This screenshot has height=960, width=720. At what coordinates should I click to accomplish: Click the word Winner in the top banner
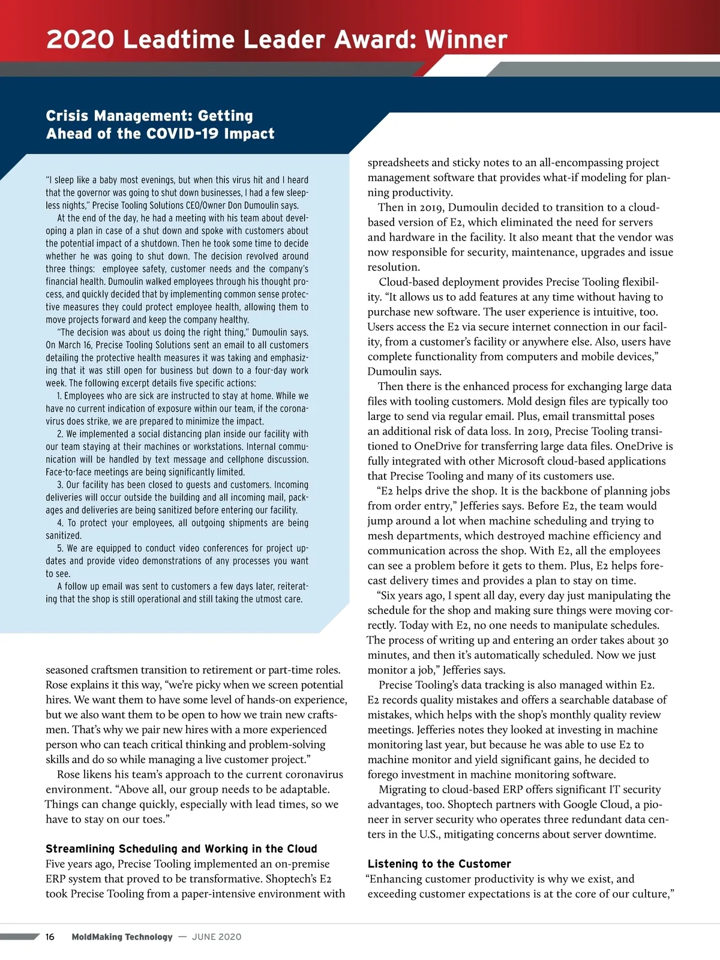click(466, 40)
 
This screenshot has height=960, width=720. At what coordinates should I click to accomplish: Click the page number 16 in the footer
click(50, 937)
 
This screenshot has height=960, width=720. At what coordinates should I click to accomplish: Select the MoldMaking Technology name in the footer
click(122, 937)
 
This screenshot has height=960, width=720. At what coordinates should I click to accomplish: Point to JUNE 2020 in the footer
click(217, 937)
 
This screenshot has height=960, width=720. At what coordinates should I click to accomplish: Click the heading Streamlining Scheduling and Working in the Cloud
click(181, 848)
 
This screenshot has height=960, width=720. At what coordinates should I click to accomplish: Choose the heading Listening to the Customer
click(439, 863)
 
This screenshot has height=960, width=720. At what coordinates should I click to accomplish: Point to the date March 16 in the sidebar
click(74, 345)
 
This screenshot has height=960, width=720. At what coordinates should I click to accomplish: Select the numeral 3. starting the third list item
click(60, 485)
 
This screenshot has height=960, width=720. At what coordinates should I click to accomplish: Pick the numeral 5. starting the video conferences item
click(60, 548)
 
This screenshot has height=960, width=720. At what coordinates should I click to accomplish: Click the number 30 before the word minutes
click(662, 640)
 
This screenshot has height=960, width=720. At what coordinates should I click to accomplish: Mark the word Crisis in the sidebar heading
click(68, 116)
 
